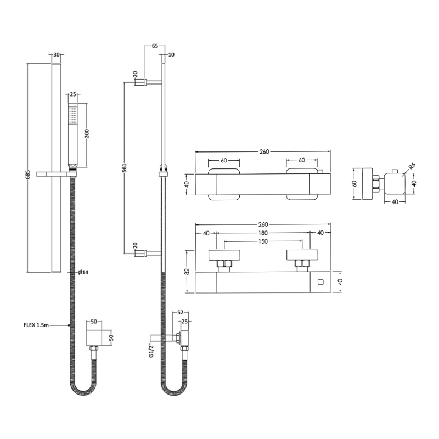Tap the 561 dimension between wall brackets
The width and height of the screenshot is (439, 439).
tap(126, 168)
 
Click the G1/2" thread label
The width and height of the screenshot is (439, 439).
tap(150, 350)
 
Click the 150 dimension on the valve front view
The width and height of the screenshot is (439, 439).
tap(263, 242)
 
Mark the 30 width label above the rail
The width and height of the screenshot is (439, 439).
tap(57, 54)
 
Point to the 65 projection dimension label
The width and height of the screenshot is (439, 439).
tap(155, 47)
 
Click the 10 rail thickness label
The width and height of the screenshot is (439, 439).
tap(171, 54)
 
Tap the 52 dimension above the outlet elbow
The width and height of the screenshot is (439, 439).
tap(181, 312)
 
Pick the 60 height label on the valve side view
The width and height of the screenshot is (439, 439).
tap(354, 184)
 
